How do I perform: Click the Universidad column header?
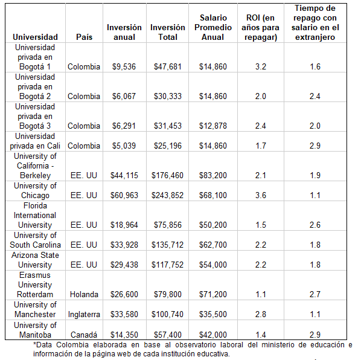(35, 37)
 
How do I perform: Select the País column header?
(85, 37)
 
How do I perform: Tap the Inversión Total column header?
(168, 32)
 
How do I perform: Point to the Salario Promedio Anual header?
(212, 27)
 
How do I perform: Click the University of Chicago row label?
(35, 190)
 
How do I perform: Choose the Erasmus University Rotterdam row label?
(35, 284)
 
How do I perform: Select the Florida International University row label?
(35, 215)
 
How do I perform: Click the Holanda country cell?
(84, 294)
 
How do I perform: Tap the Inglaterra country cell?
(84, 314)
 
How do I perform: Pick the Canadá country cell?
(84, 334)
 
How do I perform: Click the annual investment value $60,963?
(124, 195)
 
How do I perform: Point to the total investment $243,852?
(168, 195)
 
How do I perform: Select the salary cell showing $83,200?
(212, 175)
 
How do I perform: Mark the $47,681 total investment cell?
(168, 66)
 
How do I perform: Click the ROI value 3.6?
(261, 195)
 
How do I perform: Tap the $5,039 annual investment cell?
(124, 146)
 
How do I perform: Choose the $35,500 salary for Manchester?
(212, 314)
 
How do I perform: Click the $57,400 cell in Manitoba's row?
(168, 334)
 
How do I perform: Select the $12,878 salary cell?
(212, 126)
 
